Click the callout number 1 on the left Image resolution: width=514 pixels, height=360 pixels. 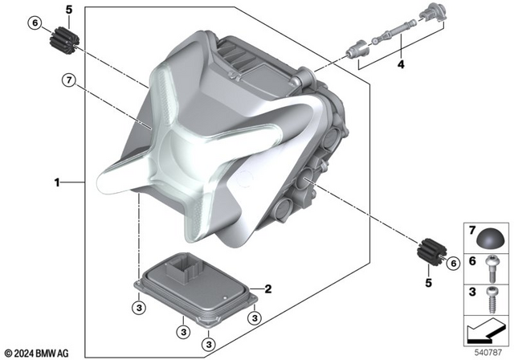coord(58,183)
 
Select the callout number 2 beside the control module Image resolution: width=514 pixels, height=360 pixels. coord(269,288)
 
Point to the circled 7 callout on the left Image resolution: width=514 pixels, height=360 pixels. coord(70,79)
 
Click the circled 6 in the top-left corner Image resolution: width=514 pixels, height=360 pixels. coord(35,22)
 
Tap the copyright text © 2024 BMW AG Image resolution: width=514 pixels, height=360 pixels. coord(37,352)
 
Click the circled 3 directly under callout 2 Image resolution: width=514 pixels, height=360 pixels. coord(254,318)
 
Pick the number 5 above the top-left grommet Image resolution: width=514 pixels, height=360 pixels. coord(68,10)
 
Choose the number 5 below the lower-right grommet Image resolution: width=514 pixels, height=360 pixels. coord(428,283)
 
